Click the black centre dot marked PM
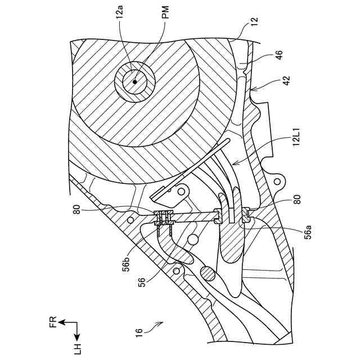tap(136, 81)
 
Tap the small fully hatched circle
tap(206, 274)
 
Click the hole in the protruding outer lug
tap(277, 182)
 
